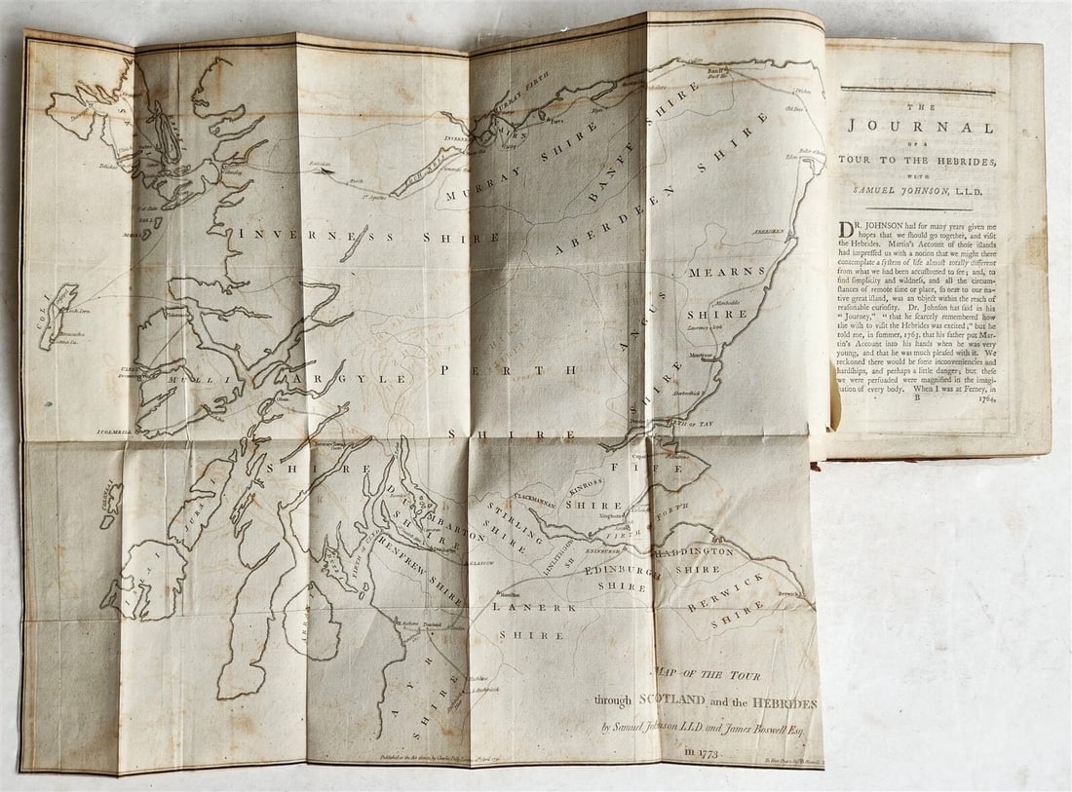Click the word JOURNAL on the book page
(x=920, y=127)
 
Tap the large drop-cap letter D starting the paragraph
(x=848, y=230)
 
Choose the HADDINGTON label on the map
(x=693, y=552)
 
